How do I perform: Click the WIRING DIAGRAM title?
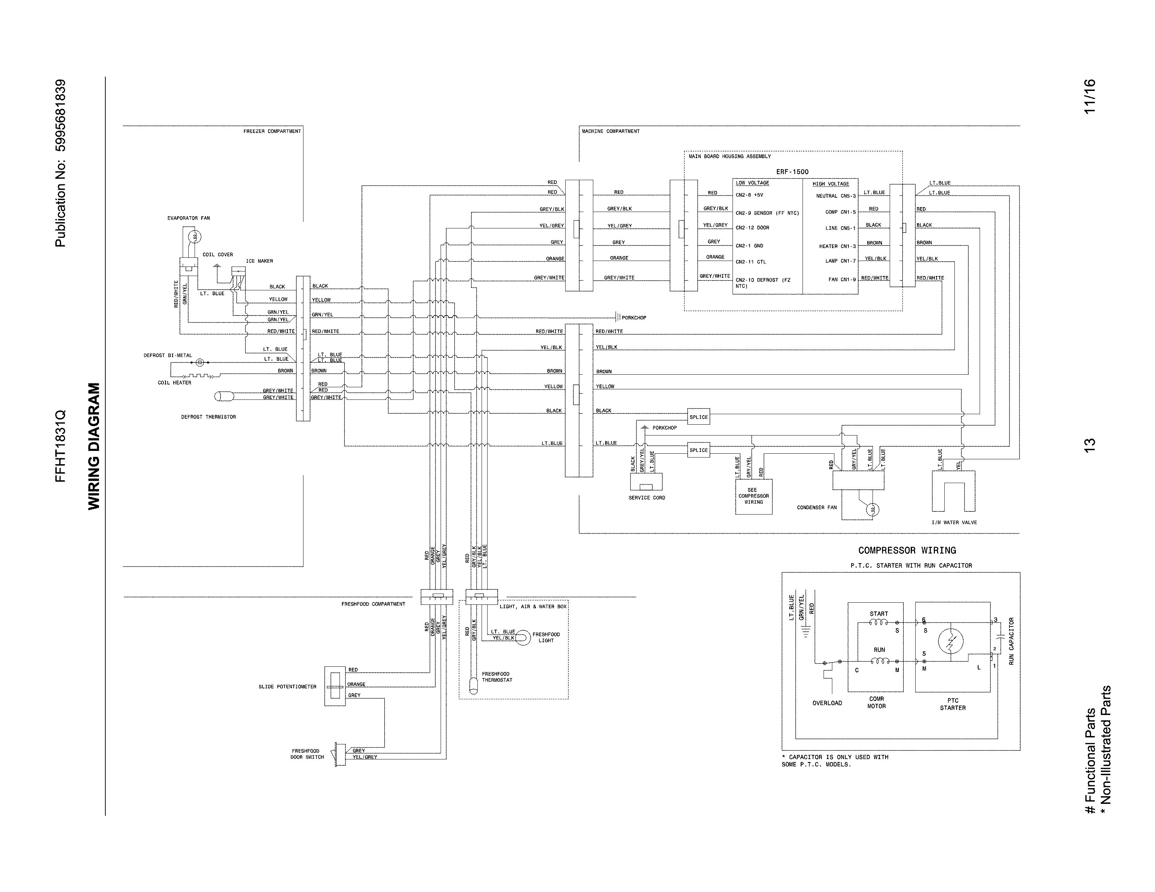click(93, 447)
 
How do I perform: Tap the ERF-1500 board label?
click(792, 172)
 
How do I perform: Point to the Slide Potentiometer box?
click(334, 686)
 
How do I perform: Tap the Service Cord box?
click(646, 482)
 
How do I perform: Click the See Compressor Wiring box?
click(753, 496)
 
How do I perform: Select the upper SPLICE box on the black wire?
click(698, 417)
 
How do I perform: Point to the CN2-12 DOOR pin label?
click(752, 228)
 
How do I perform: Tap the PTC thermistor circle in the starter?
click(950, 642)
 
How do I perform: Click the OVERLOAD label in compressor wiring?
click(827, 703)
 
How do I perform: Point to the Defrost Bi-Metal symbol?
click(200, 362)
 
